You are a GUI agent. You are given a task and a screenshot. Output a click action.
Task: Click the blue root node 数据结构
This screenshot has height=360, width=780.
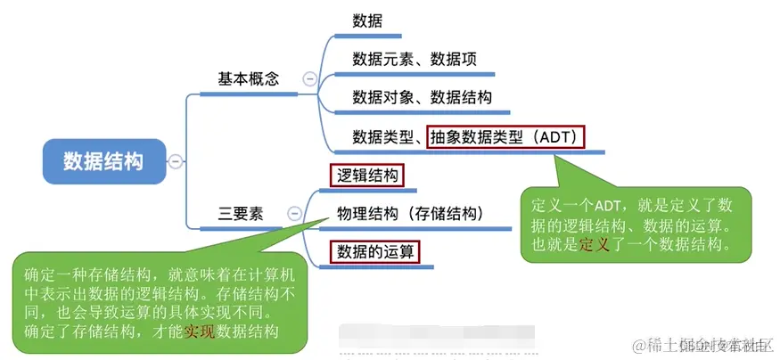(103, 160)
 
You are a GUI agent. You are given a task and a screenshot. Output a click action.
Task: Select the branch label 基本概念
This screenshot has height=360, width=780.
(249, 78)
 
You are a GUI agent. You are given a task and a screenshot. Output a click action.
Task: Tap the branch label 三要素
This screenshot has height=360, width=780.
(241, 214)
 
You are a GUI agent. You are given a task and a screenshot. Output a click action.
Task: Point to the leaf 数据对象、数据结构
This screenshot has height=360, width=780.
(422, 97)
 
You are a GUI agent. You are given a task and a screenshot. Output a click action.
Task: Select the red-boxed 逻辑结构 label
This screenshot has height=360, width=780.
(366, 175)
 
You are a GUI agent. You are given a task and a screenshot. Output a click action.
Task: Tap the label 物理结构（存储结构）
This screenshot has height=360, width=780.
(409, 214)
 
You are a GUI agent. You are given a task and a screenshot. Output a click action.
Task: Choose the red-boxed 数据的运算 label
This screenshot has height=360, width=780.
(374, 252)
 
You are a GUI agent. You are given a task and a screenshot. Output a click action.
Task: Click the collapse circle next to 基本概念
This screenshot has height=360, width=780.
(309, 78)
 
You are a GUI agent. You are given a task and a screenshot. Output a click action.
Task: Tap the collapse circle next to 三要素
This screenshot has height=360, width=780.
(295, 214)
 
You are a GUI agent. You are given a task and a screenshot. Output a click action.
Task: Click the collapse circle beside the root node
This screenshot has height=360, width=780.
(176, 160)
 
